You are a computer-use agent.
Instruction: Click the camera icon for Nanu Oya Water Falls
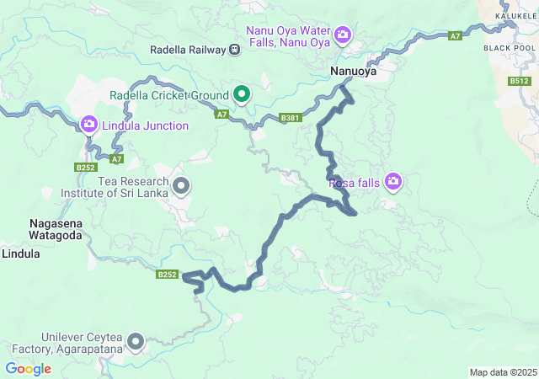click(342, 35)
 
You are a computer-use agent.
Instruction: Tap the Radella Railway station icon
click(233, 50)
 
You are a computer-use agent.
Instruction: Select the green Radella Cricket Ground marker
click(241, 93)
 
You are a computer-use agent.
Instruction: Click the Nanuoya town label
click(353, 72)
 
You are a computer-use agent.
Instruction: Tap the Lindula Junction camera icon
click(88, 125)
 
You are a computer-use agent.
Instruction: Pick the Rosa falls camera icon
click(392, 181)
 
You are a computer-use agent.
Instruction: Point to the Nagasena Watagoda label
click(56, 230)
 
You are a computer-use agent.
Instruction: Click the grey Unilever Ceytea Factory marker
click(134, 342)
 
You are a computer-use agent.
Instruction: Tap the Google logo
click(28, 368)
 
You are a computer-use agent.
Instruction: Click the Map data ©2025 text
click(502, 372)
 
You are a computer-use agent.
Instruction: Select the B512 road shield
click(520, 82)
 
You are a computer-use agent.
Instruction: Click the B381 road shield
click(291, 118)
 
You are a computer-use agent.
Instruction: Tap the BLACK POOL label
click(510, 48)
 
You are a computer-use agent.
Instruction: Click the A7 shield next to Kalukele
click(455, 36)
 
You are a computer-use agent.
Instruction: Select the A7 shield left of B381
click(221, 114)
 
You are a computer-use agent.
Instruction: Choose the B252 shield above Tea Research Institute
click(85, 168)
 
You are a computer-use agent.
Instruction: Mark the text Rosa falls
click(354, 182)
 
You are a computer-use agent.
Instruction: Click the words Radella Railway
click(187, 50)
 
